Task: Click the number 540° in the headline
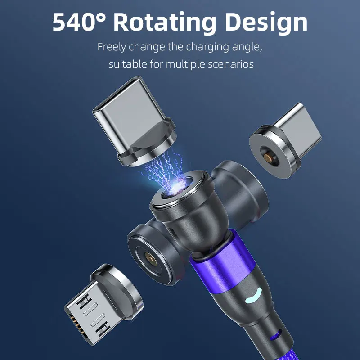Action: tap(80, 22)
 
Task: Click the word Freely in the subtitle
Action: tap(112, 47)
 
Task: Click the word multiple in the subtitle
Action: tap(185, 64)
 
